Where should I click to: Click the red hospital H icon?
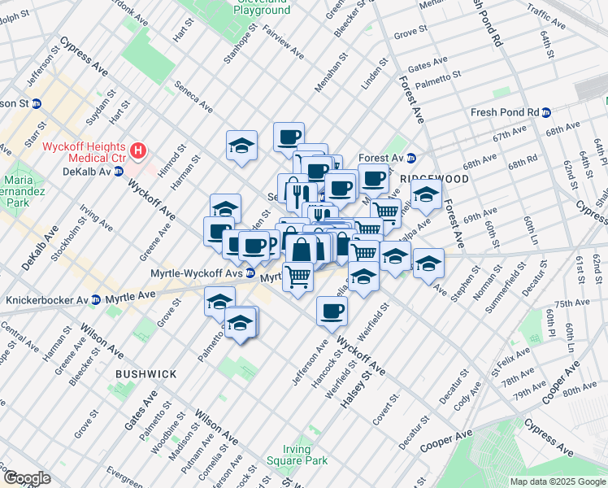[139, 150]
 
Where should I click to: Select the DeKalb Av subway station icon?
[119, 172]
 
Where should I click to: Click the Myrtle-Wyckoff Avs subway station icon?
[251, 273]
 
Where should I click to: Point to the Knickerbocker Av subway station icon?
[96, 300]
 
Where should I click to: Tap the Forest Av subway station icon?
[411, 159]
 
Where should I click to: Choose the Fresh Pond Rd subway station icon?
[546, 112]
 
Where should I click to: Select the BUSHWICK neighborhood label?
[145, 374]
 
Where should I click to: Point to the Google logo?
[27, 477]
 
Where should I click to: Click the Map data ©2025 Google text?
[558, 481]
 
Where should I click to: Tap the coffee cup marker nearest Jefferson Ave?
[332, 310]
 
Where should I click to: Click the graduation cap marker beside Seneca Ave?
[242, 145]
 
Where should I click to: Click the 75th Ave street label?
[572, 303]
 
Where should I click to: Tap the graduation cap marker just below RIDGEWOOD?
[426, 195]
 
